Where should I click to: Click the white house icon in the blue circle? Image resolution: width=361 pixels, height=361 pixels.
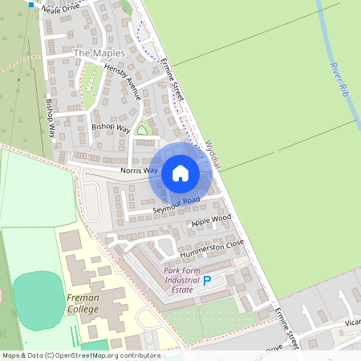[x=180, y=172]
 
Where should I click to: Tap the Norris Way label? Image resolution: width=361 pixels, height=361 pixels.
[x=140, y=171]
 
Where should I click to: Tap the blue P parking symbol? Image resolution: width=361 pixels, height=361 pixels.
[x=207, y=281]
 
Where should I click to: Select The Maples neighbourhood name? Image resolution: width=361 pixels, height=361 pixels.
[x=99, y=53]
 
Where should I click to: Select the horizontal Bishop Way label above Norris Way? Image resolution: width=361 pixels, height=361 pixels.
[x=110, y=127]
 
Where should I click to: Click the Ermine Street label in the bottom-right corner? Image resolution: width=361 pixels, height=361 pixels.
[x=286, y=327]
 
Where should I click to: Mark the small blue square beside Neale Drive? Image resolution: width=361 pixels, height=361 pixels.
[x=31, y=5]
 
